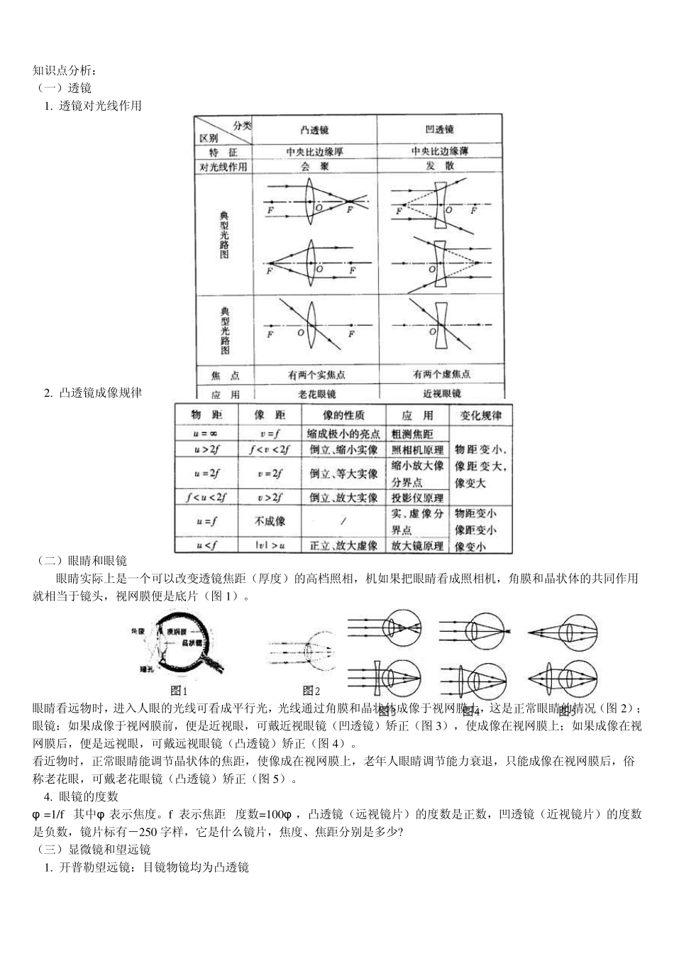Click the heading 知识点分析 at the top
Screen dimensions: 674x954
click(x=62, y=70)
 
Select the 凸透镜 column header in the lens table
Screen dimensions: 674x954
click(x=314, y=130)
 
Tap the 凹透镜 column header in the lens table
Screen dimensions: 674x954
click(x=440, y=130)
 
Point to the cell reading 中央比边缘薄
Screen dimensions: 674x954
click(x=440, y=151)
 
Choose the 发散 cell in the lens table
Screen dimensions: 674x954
click(x=440, y=166)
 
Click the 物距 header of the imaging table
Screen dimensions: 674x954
click(x=206, y=415)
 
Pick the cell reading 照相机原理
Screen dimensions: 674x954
click(x=417, y=450)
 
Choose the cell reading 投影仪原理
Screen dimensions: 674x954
click(x=417, y=498)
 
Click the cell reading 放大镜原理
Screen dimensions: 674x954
click(x=417, y=545)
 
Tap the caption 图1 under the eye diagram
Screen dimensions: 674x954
click(x=179, y=690)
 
